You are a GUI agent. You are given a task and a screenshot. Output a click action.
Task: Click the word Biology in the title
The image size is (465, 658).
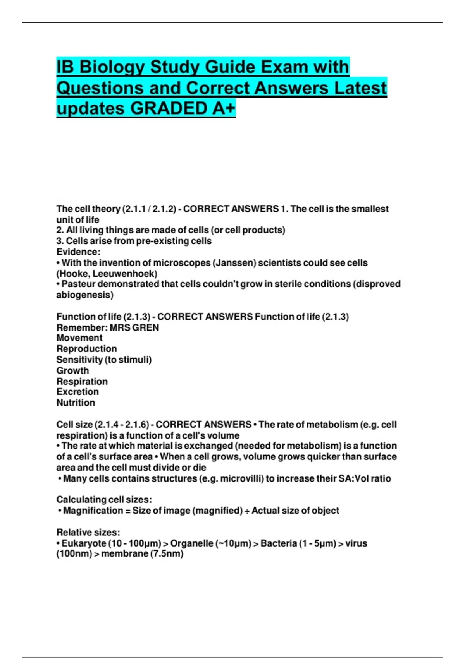[x=112, y=67]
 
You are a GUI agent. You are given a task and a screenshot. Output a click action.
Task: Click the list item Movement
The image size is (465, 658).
[x=79, y=338]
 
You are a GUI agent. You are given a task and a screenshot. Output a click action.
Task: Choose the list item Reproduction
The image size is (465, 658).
[x=86, y=349]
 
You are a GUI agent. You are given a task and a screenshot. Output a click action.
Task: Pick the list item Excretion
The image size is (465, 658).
[x=77, y=392]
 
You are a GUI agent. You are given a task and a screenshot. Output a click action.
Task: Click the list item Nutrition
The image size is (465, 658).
[x=76, y=403]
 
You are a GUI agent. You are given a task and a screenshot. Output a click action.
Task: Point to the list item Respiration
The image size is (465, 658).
[x=82, y=381]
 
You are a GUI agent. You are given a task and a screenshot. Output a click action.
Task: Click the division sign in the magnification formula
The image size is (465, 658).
[x=247, y=511]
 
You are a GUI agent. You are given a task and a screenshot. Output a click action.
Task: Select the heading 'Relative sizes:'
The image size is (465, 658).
[x=88, y=532]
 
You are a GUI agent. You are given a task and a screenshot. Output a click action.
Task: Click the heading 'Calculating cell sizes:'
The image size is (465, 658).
[x=104, y=500]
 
